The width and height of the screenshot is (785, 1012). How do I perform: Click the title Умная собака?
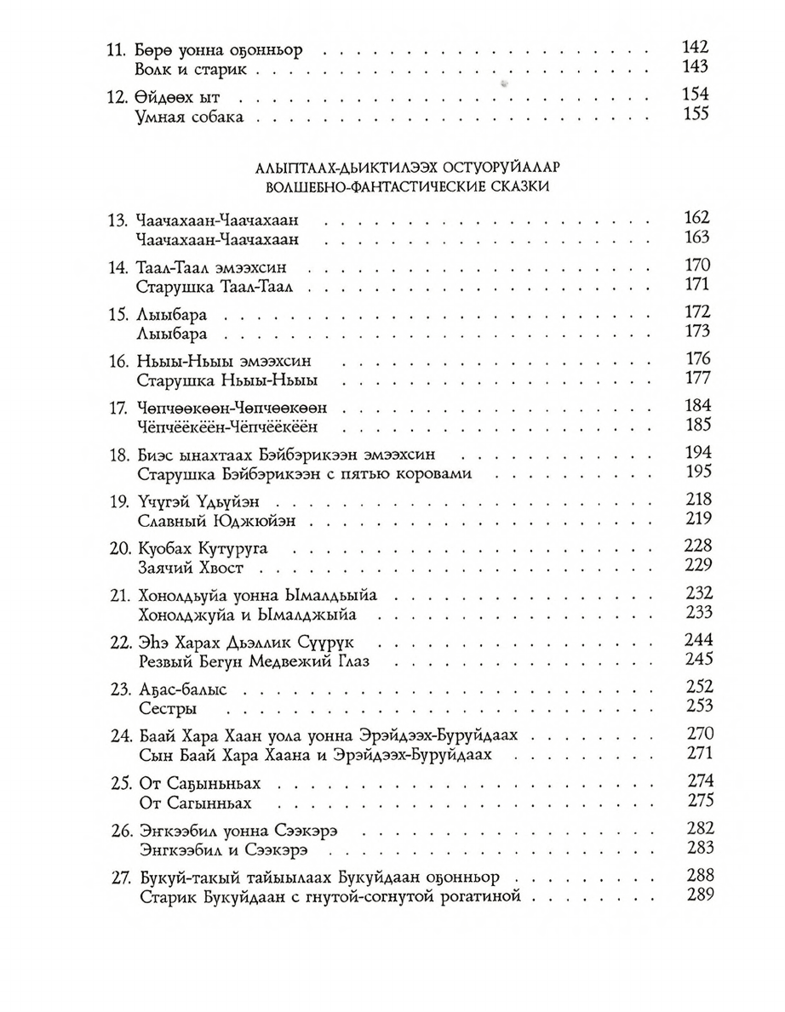pos(189,116)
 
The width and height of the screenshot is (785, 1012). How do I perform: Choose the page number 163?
pos(696,238)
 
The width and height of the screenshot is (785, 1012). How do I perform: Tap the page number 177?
pos(696,378)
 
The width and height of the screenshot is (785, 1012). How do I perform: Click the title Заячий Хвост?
pos(201,566)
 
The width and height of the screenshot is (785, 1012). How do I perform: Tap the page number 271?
pos(696,753)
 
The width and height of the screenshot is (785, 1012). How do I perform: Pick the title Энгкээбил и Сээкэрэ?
pos(221,848)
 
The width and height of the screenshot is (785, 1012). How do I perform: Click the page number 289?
pos(696,895)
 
